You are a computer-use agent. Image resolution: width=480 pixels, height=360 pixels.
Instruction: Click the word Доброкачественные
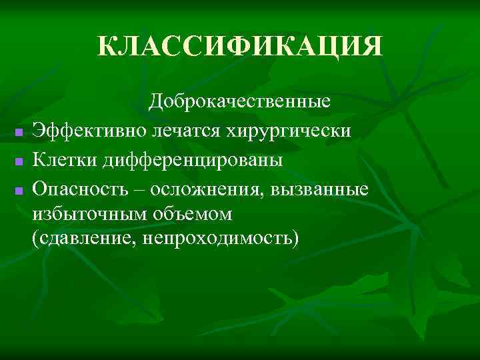point(240,102)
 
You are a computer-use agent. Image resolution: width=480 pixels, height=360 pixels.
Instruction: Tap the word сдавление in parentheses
point(85,238)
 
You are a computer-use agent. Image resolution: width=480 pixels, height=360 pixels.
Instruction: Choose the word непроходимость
point(217,238)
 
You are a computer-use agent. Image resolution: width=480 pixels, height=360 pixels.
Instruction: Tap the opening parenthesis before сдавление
point(35,239)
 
